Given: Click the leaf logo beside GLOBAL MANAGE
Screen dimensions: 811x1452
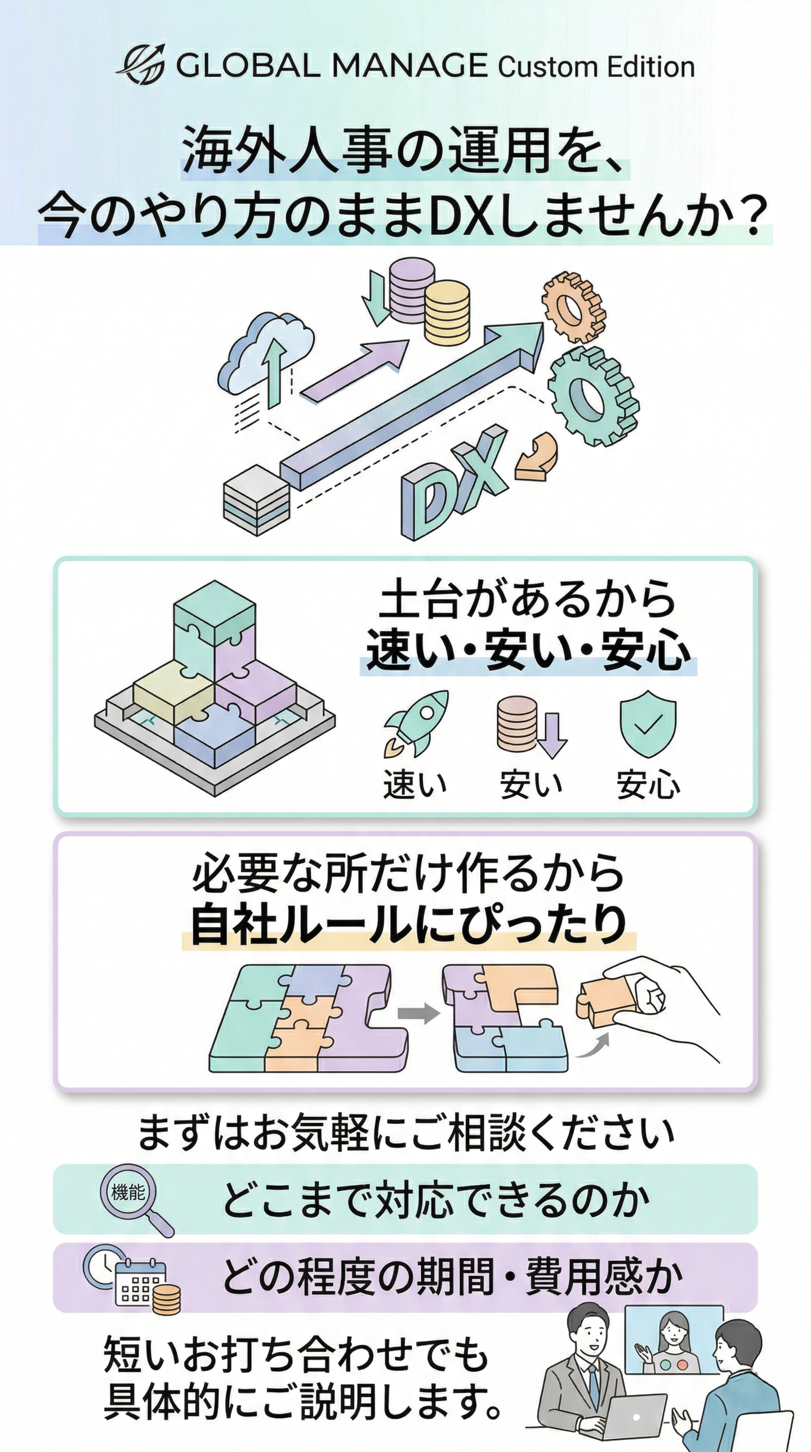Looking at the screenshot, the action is point(141,63).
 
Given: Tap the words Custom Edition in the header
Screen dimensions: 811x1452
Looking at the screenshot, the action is point(595,66).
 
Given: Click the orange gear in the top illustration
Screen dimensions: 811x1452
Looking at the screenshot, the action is point(573,307).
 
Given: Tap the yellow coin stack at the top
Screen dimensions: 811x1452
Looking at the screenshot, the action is point(447,313).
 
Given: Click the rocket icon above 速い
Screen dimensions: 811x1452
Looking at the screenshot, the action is point(416,723).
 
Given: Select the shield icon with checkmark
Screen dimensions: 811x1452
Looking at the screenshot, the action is point(648,723).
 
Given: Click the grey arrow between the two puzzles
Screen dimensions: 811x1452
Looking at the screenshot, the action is point(418,1014).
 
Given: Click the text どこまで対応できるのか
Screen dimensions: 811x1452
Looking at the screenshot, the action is point(436,1199).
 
